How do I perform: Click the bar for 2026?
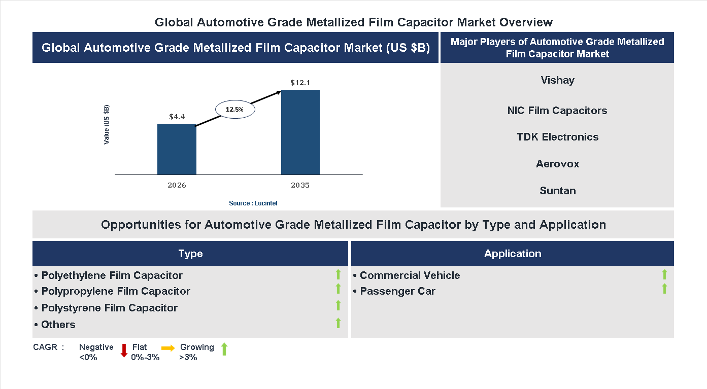pos(177,149)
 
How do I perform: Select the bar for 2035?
pos(300,132)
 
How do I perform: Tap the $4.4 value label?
pos(177,117)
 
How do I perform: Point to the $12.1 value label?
pos(300,82)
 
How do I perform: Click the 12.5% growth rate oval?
pos(235,109)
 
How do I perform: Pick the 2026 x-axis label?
pos(177,185)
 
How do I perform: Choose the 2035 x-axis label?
pos(300,185)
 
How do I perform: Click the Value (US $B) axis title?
pos(107,124)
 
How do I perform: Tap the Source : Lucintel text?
pos(253,203)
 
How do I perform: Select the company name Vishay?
pos(557,80)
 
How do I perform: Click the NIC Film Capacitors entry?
pos(557,111)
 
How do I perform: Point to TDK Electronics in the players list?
pos(557,137)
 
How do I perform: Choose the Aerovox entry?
pos(557,164)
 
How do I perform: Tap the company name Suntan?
pos(557,191)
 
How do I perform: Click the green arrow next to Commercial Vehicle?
pos(664,274)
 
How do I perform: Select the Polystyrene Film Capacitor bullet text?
pos(109,308)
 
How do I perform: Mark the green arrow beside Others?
pos(338,323)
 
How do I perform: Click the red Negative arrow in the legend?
pos(124,350)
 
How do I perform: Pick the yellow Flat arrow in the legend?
pos(168,348)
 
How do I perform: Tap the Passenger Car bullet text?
pos(397,291)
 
